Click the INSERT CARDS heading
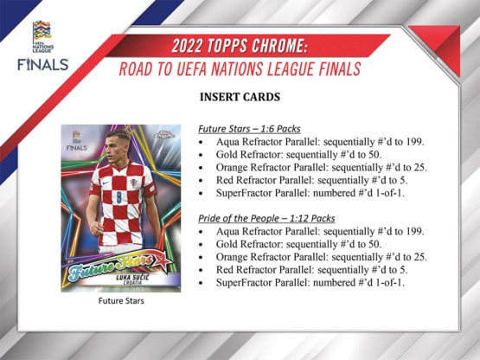[240, 97]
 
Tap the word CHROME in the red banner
[278, 46]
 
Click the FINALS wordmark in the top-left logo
[43, 65]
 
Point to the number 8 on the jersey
[118, 197]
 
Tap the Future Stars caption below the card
[121, 301]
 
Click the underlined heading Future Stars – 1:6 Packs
[249, 129]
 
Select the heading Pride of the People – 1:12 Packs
[266, 218]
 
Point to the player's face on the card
[118, 146]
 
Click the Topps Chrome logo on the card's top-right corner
[163, 134]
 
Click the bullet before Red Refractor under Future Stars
[201, 181]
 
